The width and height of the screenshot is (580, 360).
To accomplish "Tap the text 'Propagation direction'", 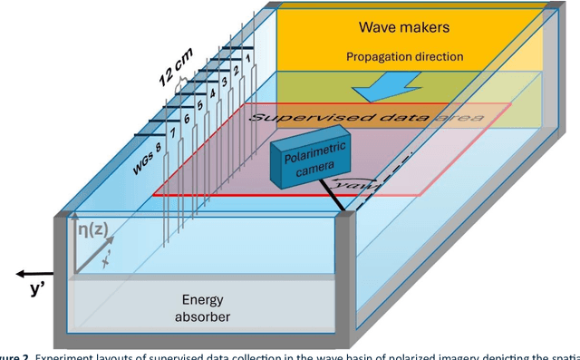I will coord(404,56).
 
